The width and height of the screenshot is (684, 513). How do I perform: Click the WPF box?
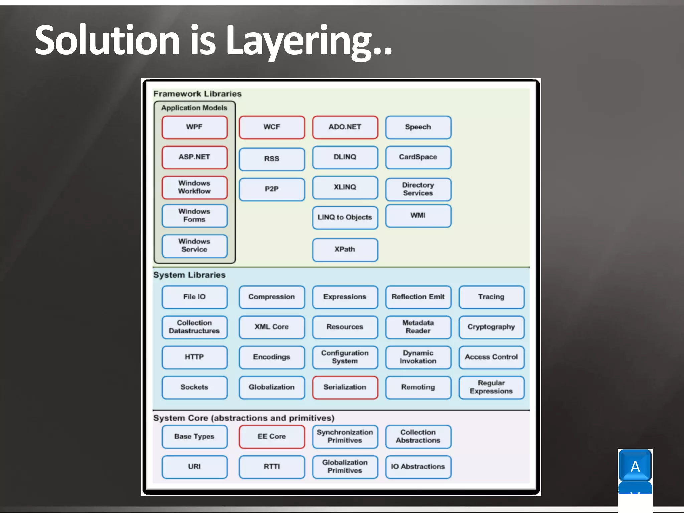[194, 127]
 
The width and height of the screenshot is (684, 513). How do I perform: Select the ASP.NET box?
[194, 157]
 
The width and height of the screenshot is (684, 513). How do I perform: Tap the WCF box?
[272, 127]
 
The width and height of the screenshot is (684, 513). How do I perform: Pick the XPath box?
[345, 250]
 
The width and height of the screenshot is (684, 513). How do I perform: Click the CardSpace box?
[418, 157]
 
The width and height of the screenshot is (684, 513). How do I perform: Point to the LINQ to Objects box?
[345, 218]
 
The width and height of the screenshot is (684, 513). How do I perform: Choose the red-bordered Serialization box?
[345, 387]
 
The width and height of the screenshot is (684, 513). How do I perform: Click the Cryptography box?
[491, 327]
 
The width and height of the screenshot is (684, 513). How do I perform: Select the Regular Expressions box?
[491, 387]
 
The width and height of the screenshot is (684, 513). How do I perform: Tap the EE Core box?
[272, 437]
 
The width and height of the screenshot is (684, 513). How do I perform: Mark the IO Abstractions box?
[418, 467]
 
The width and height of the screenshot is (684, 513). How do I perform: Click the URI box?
[194, 467]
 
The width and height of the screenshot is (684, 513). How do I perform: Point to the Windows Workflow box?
[194, 187]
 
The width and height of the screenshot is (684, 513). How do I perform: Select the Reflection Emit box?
[418, 297]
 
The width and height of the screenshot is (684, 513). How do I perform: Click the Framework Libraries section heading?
[197, 94]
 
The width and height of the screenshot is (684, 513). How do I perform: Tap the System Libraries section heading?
[189, 275]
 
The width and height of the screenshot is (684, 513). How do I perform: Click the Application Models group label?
[194, 108]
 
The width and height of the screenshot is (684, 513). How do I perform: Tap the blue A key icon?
[635, 466]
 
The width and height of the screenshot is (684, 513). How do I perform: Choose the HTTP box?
[194, 357]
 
